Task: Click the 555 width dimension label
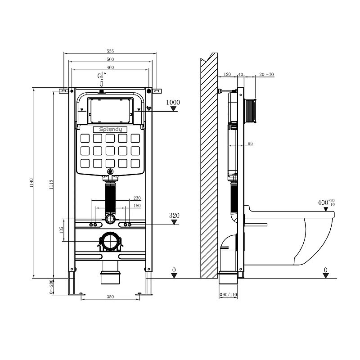pos(110,51)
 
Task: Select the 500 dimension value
pos(110,59)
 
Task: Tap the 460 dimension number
pos(110,67)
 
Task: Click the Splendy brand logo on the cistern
pos(110,130)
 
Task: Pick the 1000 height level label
pos(173,103)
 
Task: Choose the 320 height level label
pos(174,216)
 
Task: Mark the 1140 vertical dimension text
pos(31,183)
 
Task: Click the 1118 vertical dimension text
pos(51,184)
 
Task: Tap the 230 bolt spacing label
pos(137,198)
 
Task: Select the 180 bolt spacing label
pos(137,206)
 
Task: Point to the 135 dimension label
pos(61,230)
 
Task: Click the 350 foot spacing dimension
pos(110,297)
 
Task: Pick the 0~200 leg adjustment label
pos(51,287)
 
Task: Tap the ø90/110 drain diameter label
pos(228,295)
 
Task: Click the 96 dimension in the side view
pos(250,144)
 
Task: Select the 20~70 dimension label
pos(266,74)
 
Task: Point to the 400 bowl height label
pos(326,202)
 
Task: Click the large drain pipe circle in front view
pos(110,241)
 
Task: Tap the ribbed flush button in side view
pos(250,111)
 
